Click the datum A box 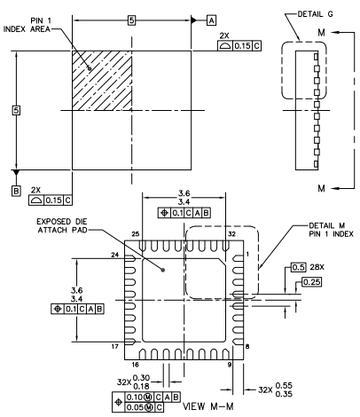[211, 20]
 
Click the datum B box [16, 191]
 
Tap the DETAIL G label [315, 14]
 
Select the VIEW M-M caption [208, 406]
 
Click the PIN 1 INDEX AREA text [27, 25]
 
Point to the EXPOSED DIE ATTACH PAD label [62, 225]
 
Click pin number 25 [136, 234]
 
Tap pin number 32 [232, 234]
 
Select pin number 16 [135, 365]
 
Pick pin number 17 [115, 346]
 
